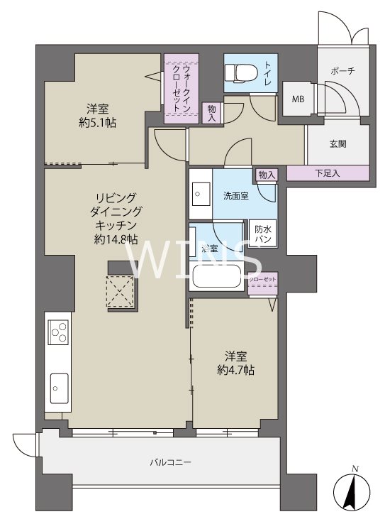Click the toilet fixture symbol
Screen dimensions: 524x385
pos(233,72)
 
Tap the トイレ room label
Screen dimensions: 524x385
pos(269,72)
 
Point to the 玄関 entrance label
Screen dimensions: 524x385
pos(338,143)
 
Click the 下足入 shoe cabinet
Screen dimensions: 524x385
pos(328,173)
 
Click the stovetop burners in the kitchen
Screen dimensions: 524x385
pos(58,332)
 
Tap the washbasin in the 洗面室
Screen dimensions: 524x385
pos(198,192)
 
